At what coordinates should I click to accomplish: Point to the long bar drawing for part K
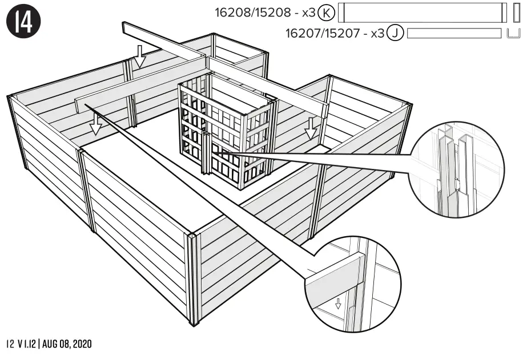[423, 13]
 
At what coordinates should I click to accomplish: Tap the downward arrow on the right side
[311, 128]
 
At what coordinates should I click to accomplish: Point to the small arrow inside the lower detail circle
[338, 303]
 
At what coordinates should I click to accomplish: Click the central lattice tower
[226, 134]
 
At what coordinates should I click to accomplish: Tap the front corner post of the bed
[192, 280]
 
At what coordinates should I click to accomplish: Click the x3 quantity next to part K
[308, 13]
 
